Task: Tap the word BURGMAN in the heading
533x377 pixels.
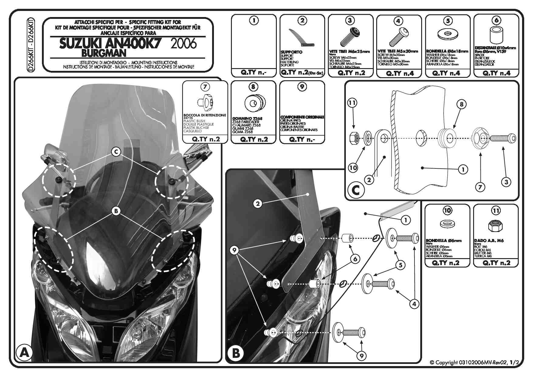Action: pos(104,53)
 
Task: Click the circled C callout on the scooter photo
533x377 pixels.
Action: pos(116,152)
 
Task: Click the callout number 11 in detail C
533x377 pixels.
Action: pos(352,103)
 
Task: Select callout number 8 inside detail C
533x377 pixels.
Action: pos(461,105)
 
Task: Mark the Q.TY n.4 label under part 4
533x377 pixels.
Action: pos(399,74)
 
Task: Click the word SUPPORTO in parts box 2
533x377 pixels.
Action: pos(291,52)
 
